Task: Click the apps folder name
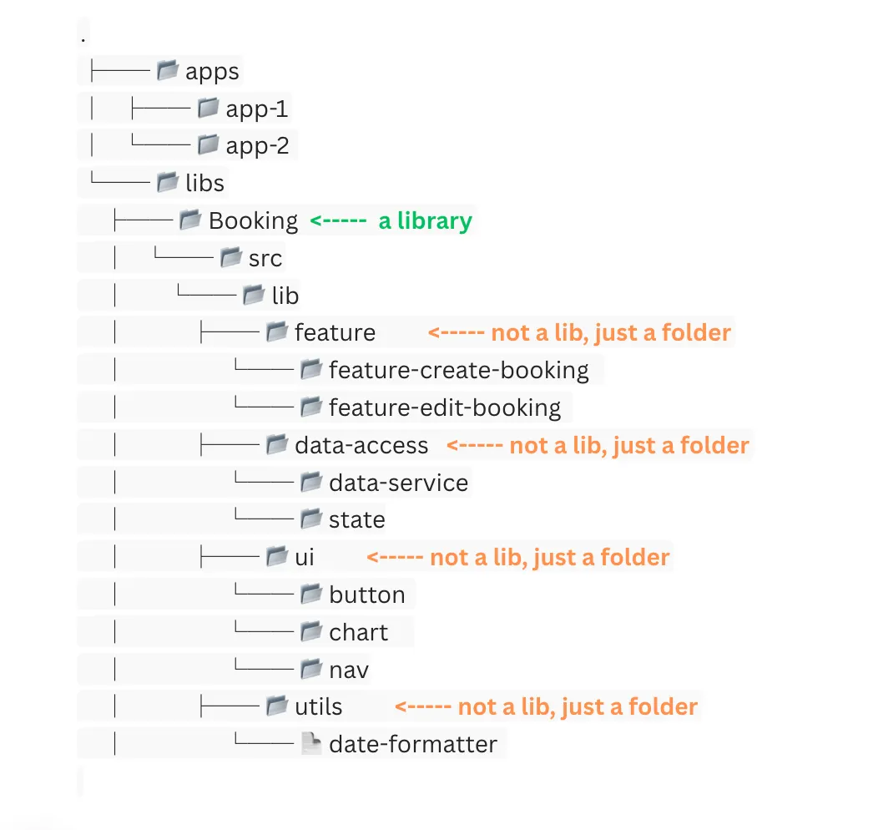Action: coord(212,72)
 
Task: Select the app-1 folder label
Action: coord(257,109)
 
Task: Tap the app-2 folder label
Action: coord(257,146)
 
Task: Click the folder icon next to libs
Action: coord(168,182)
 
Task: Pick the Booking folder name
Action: coord(253,221)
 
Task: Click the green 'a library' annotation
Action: coord(391,221)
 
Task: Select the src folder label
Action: coord(265,259)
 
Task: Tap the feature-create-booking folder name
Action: coord(458,370)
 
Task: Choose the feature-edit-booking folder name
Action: coord(445,407)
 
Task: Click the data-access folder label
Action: coord(361,445)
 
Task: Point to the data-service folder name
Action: coord(398,483)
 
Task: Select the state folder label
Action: coord(357,519)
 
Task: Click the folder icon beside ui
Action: coord(276,556)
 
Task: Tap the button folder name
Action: coord(367,595)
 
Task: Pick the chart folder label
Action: coord(359,632)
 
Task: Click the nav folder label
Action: coord(349,670)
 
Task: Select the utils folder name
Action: coord(319,707)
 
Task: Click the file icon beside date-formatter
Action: coord(310,744)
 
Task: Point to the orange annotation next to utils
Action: coord(546,707)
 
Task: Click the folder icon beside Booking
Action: coord(190,220)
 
